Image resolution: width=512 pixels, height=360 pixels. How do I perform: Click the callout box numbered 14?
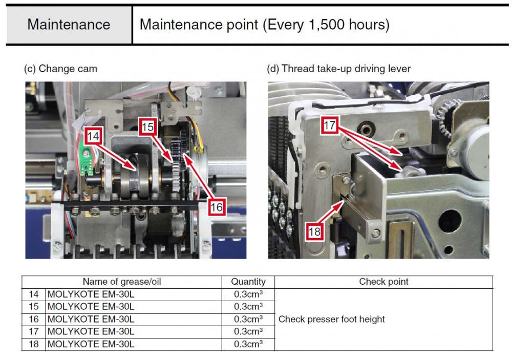93,136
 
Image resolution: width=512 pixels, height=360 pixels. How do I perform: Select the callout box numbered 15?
147,126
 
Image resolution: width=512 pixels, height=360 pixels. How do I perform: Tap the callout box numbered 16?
217,207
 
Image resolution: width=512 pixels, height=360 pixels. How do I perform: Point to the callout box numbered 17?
329,125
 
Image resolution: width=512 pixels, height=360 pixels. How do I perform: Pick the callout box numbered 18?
314,231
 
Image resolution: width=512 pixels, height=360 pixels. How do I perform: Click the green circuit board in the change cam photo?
86,161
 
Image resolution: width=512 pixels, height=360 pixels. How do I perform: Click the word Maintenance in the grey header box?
69,25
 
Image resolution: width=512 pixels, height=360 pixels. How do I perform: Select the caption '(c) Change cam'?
60,69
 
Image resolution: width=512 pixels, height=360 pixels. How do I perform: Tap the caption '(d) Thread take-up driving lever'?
338,69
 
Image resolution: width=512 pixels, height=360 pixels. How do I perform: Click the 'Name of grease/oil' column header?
122,282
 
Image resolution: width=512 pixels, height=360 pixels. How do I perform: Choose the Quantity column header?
248,282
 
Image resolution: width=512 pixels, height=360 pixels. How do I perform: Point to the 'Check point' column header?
383,282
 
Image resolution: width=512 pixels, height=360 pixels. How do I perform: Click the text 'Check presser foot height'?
331,319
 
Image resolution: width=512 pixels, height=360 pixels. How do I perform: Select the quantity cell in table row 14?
248,294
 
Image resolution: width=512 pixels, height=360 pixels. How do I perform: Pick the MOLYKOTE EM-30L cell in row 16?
91,319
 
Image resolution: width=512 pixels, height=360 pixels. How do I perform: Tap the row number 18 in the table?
34,344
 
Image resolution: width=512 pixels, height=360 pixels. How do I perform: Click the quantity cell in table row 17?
248,331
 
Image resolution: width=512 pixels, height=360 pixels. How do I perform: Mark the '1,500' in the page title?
327,25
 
